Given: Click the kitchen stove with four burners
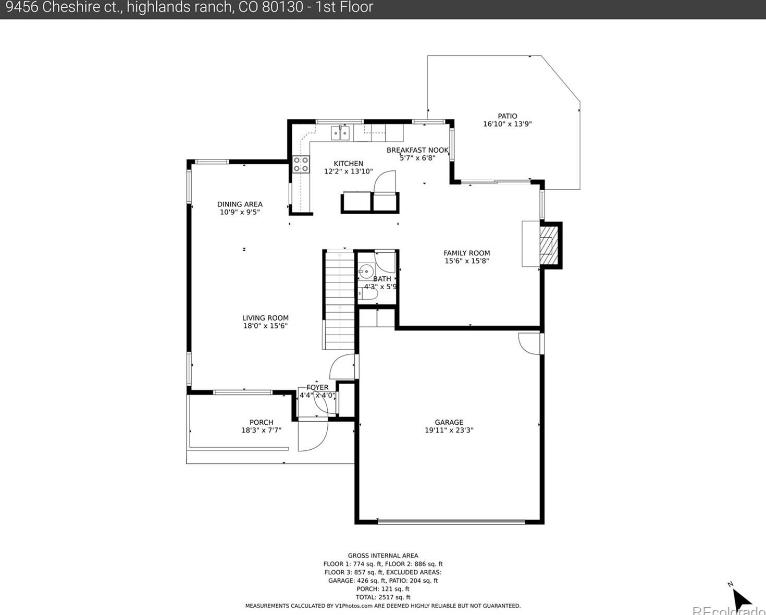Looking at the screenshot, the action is [301, 165].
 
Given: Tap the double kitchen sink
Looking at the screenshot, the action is [340, 133].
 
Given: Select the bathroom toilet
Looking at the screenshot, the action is [368, 293].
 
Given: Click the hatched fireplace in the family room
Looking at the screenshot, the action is [549, 245].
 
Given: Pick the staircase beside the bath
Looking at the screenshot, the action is [340, 300].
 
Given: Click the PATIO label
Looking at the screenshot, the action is [507, 116].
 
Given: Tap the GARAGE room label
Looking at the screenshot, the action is [449, 422].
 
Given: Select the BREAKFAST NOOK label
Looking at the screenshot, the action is [417, 150].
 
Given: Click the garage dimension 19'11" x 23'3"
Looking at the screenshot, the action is [449, 430].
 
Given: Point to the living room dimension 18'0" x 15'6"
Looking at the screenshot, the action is [265, 326].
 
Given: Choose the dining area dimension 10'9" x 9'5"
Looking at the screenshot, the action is [240, 212].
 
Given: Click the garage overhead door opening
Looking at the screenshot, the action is [451, 522].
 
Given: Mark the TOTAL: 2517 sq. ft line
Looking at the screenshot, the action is [382, 597].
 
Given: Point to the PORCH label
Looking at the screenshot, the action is [261, 422].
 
